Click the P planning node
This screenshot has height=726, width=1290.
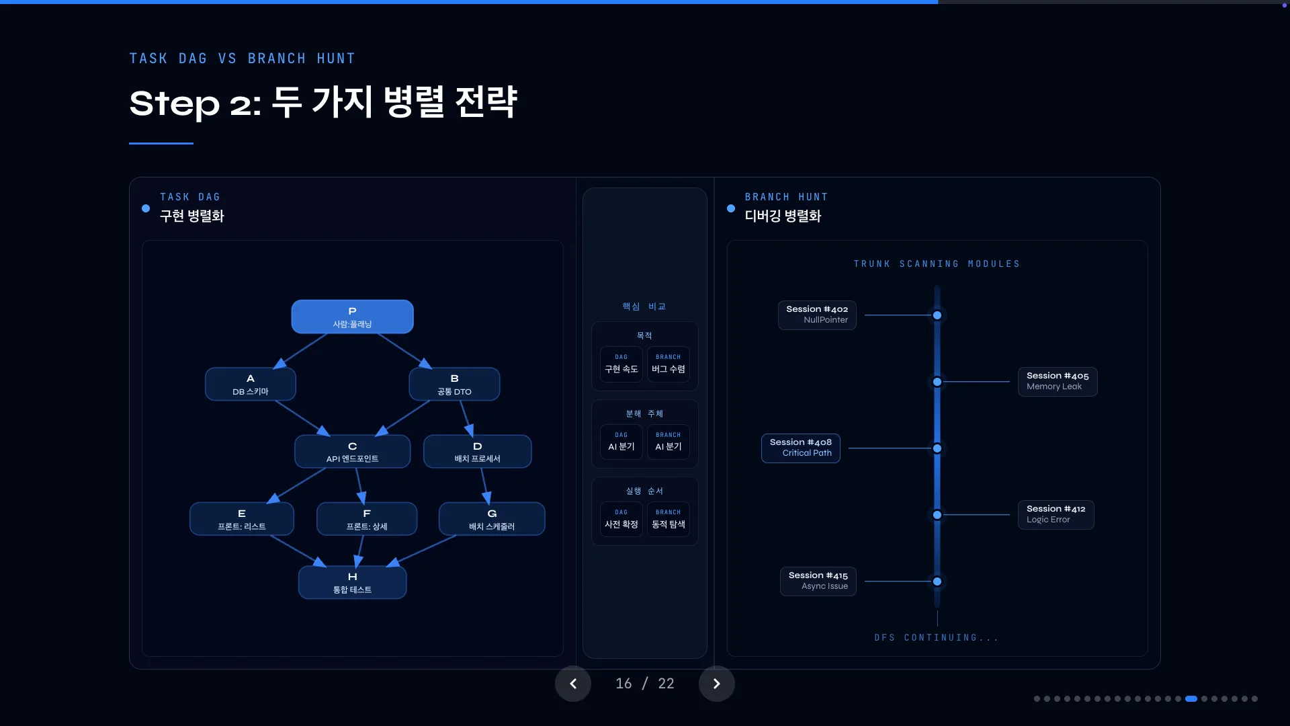[x=352, y=317]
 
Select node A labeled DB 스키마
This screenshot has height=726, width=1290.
[x=250, y=385]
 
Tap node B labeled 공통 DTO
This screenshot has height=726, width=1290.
[x=454, y=385]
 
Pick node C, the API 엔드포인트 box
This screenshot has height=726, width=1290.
[x=352, y=452]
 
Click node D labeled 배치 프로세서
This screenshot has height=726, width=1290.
[x=477, y=452]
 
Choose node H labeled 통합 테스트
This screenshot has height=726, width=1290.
[x=352, y=583]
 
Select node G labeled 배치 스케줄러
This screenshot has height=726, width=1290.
[x=492, y=519]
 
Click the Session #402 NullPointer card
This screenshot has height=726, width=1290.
[x=817, y=315]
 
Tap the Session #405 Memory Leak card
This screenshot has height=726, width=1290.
[x=1057, y=381]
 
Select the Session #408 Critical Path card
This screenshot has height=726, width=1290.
[x=800, y=448]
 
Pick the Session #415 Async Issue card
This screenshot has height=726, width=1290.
[x=818, y=581]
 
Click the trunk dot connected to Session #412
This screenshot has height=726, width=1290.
[x=937, y=515]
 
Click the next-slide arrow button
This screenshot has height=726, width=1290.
[x=716, y=684]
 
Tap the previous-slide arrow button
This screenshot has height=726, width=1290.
[x=573, y=684]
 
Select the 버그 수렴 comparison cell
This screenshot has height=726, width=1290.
[x=668, y=364]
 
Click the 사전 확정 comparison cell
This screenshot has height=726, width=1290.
[x=621, y=520]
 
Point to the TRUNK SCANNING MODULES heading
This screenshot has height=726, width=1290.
[x=937, y=264]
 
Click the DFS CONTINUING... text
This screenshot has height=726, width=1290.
[x=937, y=638]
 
